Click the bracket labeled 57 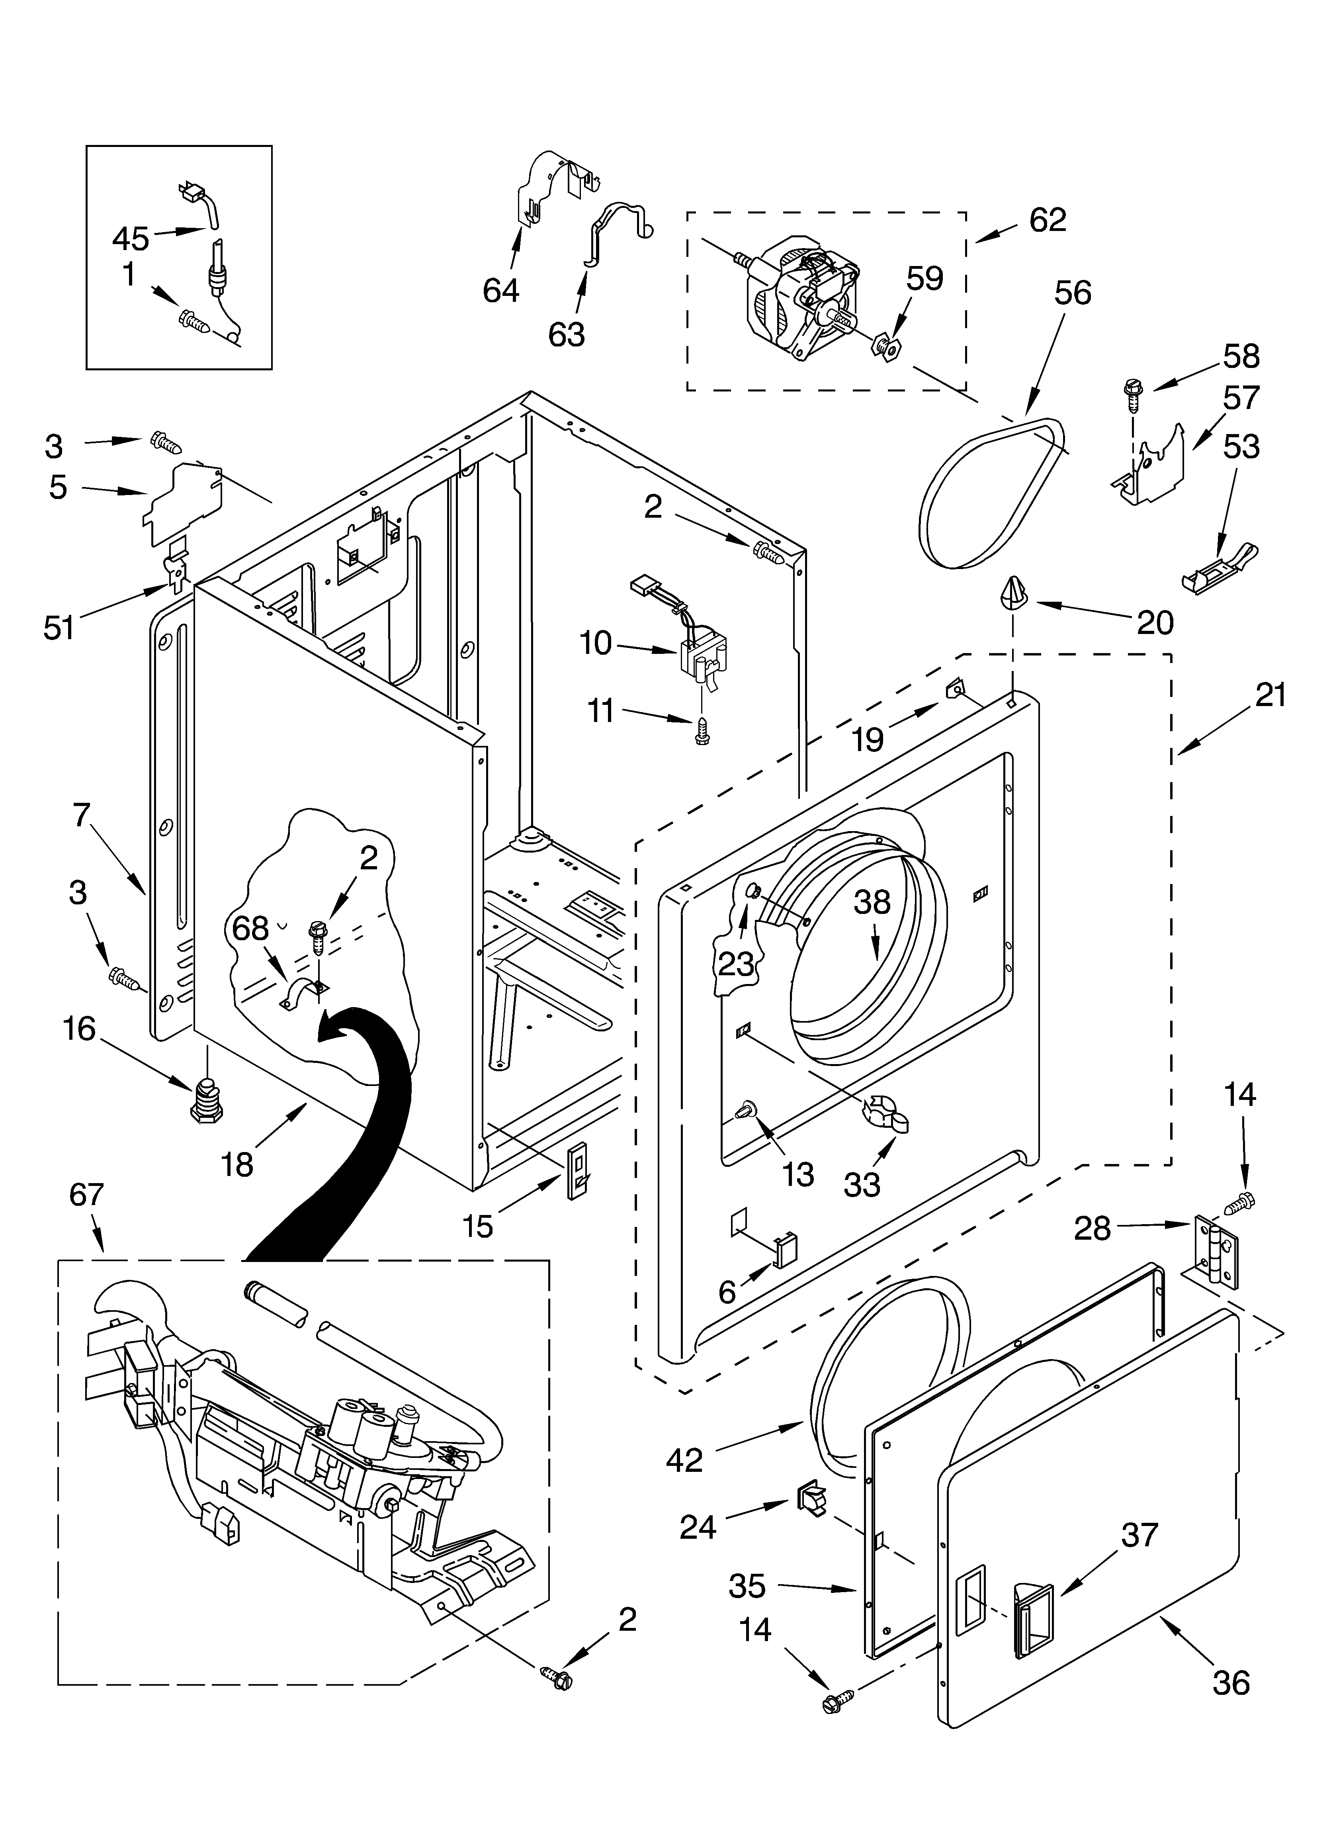[x=1153, y=471]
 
